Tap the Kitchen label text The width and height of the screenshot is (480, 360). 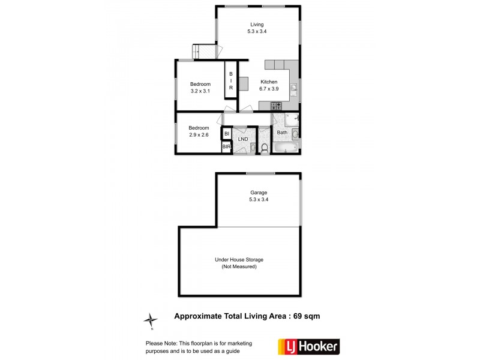point(268,82)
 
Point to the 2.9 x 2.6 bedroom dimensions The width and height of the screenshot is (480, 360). point(199,135)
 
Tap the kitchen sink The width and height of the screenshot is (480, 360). point(293,90)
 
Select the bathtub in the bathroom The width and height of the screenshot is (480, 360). point(286,146)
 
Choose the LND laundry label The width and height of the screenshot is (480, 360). point(243,139)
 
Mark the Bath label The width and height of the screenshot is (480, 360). point(282,133)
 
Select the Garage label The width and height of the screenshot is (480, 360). point(259,193)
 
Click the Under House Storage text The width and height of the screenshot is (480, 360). point(239,260)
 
